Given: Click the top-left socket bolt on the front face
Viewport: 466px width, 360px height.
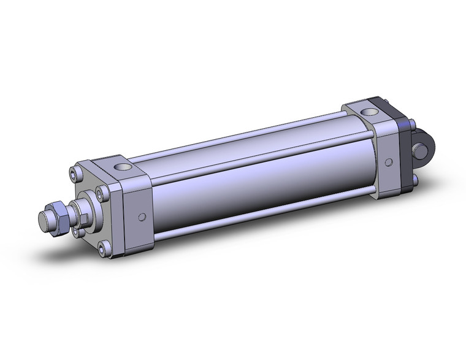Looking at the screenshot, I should (75, 174).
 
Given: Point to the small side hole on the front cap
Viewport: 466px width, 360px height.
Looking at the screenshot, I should (142, 216).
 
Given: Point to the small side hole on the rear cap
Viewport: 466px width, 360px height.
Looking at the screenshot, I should (388, 163).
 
